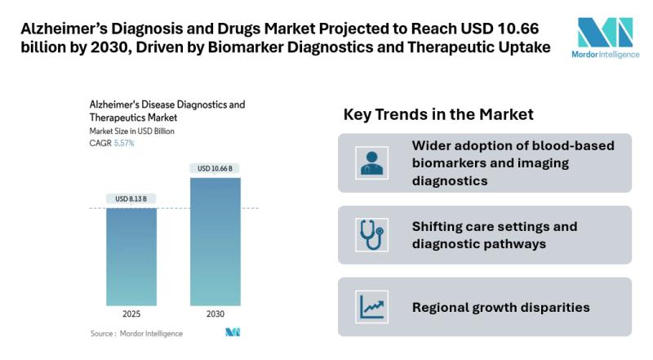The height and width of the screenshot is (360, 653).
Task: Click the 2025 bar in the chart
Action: [131, 256]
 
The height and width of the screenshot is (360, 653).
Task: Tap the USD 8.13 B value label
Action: [131, 198]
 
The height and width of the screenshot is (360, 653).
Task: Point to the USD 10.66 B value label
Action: [215, 168]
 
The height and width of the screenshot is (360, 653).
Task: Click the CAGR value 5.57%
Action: [123, 143]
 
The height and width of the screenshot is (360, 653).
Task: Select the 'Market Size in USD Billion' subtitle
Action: [131, 131]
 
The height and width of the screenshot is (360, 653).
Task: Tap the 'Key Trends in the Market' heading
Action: [438, 113]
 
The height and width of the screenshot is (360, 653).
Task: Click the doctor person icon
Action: [371, 162]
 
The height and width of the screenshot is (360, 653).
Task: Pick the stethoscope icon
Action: [371, 235]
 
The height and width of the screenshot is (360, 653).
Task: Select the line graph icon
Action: [371, 307]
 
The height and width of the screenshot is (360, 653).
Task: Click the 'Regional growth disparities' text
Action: [500, 308]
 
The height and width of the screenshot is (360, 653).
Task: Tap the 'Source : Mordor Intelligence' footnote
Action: [136, 334]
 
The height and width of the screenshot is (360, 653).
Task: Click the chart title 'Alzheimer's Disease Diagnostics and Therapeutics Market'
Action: [167, 111]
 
